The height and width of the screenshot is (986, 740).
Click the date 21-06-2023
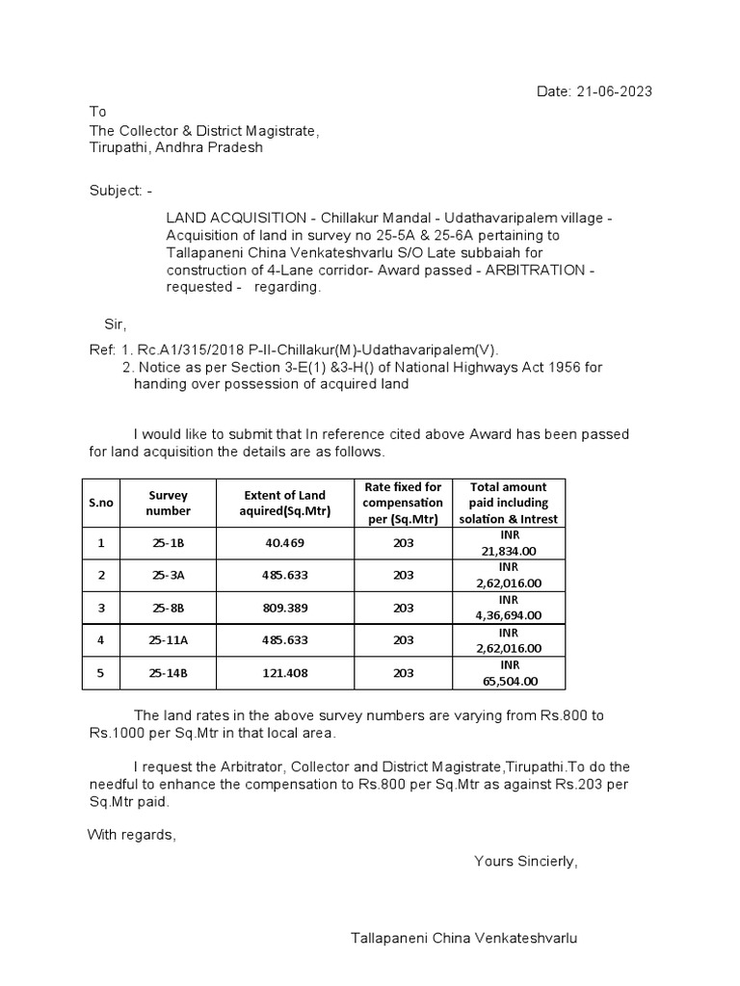click(614, 91)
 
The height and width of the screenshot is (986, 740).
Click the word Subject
click(113, 191)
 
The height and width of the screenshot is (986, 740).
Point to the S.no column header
click(100, 503)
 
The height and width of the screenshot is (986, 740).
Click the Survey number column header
click(169, 503)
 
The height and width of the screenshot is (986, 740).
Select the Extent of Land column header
click(284, 503)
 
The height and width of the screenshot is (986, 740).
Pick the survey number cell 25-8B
click(169, 608)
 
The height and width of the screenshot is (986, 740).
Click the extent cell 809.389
click(284, 608)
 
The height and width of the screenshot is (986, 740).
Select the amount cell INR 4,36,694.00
click(508, 608)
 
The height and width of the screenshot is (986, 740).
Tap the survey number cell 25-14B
click(169, 673)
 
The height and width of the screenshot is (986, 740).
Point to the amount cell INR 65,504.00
click(508, 673)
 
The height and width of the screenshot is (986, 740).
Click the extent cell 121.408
click(284, 673)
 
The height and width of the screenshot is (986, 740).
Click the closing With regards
click(132, 834)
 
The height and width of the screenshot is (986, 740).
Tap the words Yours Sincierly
click(525, 861)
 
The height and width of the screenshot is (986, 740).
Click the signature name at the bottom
click(465, 937)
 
